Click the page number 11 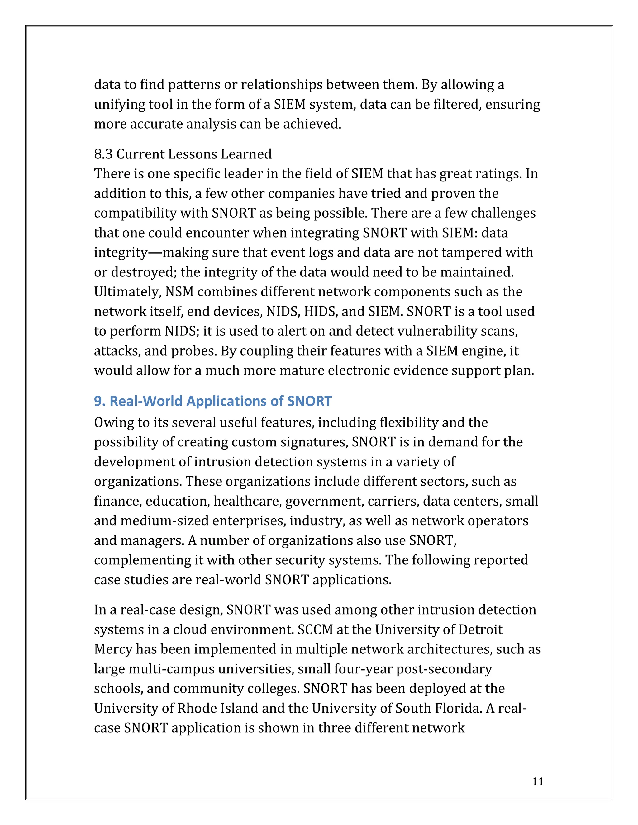(537, 781)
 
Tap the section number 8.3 (103, 154)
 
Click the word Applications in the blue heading (226, 401)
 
